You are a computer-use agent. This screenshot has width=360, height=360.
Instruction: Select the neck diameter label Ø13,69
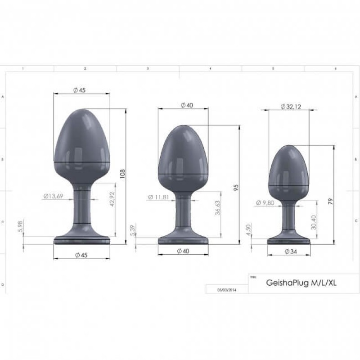(x=53, y=196)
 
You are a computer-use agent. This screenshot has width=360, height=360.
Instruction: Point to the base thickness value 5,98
(x=20, y=226)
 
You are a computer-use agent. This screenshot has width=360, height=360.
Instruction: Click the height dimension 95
(x=235, y=187)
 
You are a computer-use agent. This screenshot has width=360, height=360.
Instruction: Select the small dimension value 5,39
(x=131, y=229)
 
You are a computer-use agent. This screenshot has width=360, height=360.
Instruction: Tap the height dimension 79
(x=331, y=202)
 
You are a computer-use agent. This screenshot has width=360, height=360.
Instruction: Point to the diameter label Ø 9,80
(x=265, y=203)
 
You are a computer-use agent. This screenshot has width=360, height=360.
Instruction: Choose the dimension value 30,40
(x=314, y=221)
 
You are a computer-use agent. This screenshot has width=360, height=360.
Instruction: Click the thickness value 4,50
(x=247, y=230)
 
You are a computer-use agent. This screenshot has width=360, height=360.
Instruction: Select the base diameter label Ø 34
(x=291, y=252)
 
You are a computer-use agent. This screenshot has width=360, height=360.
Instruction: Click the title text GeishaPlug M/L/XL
(x=301, y=283)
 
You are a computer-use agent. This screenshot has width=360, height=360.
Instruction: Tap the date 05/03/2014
(x=227, y=290)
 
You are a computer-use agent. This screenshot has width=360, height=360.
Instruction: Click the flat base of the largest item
(x=82, y=239)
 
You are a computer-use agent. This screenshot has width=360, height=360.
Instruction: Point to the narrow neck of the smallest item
(x=288, y=218)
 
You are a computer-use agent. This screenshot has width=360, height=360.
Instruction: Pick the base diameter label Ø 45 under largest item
(x=81, y=255)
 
